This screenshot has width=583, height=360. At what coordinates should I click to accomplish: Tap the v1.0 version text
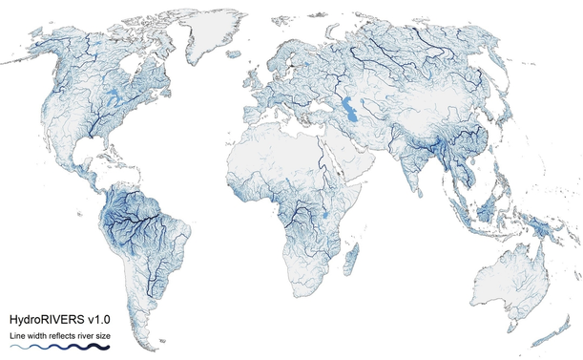[100, 318]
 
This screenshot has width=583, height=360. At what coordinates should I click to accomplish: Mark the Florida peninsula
[108, 149]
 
